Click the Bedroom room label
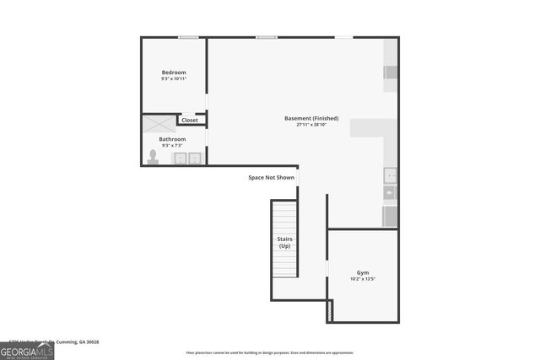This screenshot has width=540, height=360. pyautogui.click(x=174, y=73)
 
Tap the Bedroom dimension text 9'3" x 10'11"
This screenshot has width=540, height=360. pyautogui.click(x=174, y=79)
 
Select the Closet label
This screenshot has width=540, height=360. pyautogui.click(x=190, y=121)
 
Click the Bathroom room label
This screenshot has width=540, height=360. pyautogui.click(x=172, y=139)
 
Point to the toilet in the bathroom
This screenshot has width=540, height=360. pyautogui.click(x=153, y=157)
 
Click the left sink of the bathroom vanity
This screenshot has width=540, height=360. pyautogui.click(x=180, y=158)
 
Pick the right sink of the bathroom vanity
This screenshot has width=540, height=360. pyautogui.click(x=195, y=158)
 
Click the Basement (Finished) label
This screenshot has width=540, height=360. pyautogui.click(x=311, y=118)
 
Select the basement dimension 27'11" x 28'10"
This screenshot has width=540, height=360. pyautogui.click(x=311, y=125)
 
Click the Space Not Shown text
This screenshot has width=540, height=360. pyautogui.click(x=272, y=178)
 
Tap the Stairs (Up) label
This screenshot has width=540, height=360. pyautogui.click(x=284, y=242)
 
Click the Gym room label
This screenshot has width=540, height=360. pyautogui.click(x=363, y=272)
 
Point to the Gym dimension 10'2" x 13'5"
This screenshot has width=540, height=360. pyautogui.click(x=363, y=279)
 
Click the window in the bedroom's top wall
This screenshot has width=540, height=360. pyautogui.click(x=188, y=37)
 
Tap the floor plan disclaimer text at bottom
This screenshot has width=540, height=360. pyautogui.click(x=270, y=353)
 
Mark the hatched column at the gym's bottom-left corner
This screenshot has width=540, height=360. pyautogui.click(x=329, y=311)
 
